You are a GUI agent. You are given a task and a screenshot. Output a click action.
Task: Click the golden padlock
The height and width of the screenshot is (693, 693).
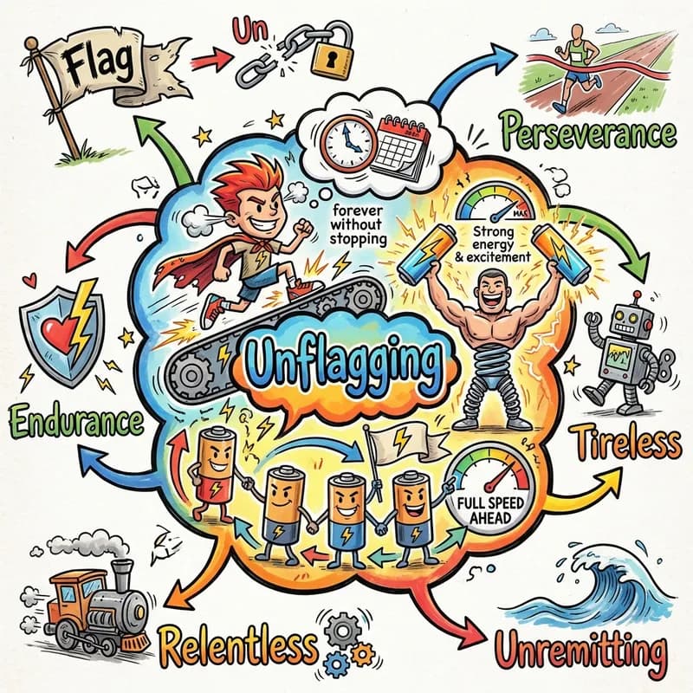(332, 51)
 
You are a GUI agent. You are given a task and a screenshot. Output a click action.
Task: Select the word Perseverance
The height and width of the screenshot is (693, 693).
(590, 132)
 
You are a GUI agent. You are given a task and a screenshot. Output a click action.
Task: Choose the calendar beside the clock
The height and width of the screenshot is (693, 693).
(401, 149)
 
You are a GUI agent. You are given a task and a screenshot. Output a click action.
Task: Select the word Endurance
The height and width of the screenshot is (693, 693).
(76, 421)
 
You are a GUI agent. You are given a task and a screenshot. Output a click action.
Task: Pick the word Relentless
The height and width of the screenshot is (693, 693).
(239, 645)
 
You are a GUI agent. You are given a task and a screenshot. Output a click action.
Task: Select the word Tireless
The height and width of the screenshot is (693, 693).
(626, 441)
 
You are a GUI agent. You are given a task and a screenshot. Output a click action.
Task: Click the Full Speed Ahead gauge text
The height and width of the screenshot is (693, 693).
(490, 510)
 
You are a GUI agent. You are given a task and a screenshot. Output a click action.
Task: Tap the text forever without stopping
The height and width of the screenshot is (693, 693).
(358, 223)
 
